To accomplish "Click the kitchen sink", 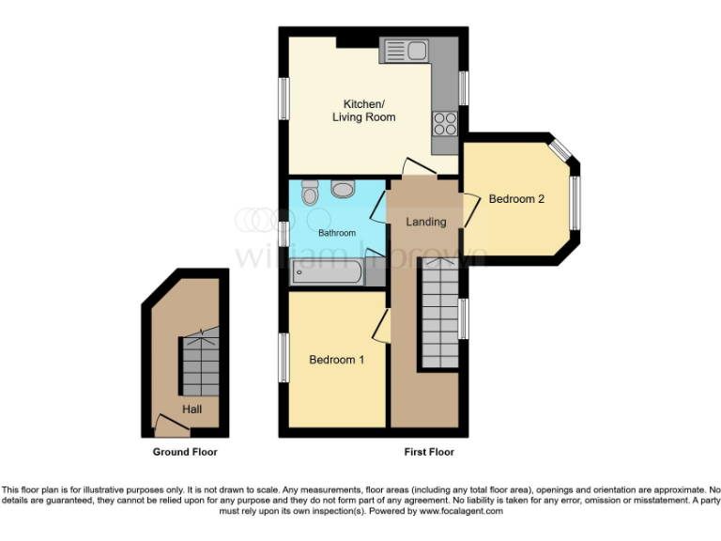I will [404, 50].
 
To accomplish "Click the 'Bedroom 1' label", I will [336, 360].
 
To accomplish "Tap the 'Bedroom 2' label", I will [516, 199].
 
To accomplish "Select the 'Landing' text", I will [425, 222].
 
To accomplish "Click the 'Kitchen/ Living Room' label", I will [362, 111].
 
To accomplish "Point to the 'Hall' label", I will [192, 410].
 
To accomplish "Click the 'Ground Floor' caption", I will [185, 452].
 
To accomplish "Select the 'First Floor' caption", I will [429, 452].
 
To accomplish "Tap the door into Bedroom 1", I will [381, 328].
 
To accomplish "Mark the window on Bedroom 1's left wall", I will [283, 358].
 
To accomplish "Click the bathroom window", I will [283, 233].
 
